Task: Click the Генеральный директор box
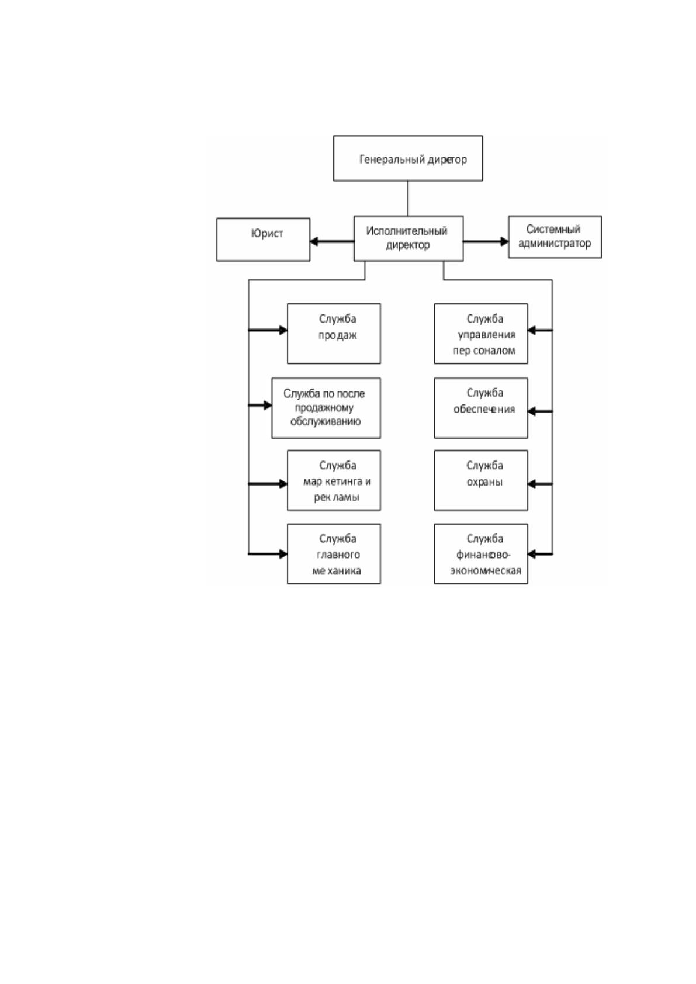tap(408, 158)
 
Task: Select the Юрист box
tap(263, 240)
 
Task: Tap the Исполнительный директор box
tap(408, 238)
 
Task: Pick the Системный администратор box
tap(555, 237)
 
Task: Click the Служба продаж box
tap(334, 334)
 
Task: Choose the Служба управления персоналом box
tap(481, 334)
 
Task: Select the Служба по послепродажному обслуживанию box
tap(326, 408)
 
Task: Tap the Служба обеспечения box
tap(481, 408)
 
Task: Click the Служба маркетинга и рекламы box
tap(334, 480)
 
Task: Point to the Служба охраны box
tap(481, 480)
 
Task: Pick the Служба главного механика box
tap(334, 553)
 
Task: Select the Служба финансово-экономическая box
tap(481, 553)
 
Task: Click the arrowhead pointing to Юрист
tap(314, 241)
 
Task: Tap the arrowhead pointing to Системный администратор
tap(504, 241)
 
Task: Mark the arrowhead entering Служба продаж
tap(283, 330)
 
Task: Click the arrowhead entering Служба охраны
tap(532, 484)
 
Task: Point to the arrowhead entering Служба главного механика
tap(283, 554)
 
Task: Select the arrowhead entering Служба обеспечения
tap(532, 411)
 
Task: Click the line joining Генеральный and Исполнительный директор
tap(408, 198)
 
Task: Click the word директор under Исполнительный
tap(408, 245)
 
